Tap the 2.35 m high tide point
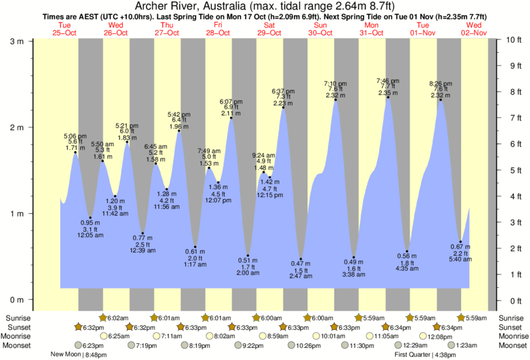pyautogui.click(x=388, y=98)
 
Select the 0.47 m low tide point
pyautogui.click(x=301, y=259)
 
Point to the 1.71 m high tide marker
pyautogui.click(x=76, y=152)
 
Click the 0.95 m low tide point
pyautogui.click(x=90, y=218)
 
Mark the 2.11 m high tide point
pyautogui.click(x=231, y=118)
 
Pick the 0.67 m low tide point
pyautogui.click(x=460, y=242)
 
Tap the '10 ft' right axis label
pyautogui.click(x=514, y=40)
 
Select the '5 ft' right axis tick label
pyautogui.click(x=512, y=170)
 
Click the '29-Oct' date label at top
pyautogui.click(x=270, y=33)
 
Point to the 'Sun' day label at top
pyautogui.click(x=321, y=25)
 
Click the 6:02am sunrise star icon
pyautogui.click(x=104, y=317)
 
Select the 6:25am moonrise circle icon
pyautogui.click(x=104, y=336)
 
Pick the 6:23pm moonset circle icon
pyautogui.click(x=78, y=345)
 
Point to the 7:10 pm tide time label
pyautogui.click(x=335, y=83)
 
